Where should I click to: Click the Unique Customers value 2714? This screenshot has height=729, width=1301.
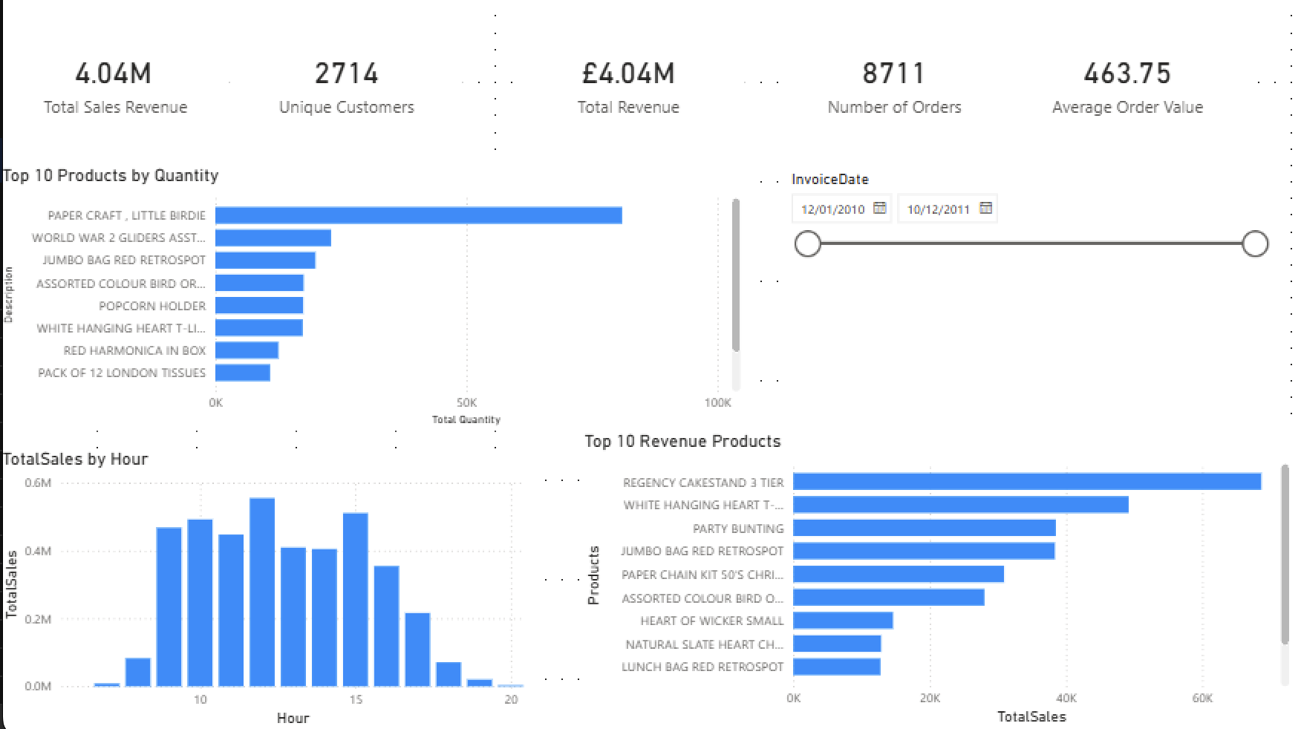[346, 73]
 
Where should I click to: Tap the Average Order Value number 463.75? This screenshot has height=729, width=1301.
[1126, 73]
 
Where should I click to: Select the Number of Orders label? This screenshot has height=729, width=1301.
[894, 108]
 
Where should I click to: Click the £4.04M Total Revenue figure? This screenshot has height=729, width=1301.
[628, 73]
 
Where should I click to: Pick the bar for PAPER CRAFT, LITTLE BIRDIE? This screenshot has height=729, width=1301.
[418, 215]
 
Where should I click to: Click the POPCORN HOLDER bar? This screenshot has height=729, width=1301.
[259, 306]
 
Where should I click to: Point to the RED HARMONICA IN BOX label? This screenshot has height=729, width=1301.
[134, 350]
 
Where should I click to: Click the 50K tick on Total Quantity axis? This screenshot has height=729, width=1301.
[466, 402]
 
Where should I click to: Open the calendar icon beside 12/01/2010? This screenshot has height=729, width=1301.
[880, 208]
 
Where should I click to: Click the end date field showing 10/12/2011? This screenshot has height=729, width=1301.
[939, 209]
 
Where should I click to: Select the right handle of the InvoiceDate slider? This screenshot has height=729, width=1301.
[1255, 243]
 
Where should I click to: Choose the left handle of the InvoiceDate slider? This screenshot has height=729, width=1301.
[808, 243]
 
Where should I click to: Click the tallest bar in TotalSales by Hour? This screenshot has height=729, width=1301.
[262, 592]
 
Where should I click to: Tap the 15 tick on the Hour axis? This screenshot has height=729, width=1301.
[356, 699]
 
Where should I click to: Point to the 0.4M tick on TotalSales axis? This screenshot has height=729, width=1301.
[38, 551]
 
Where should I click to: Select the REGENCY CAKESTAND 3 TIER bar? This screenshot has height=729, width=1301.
[1026, 482]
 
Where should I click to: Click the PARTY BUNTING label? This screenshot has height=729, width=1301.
[737, 529]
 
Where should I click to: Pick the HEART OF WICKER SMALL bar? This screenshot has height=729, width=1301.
[843, 621]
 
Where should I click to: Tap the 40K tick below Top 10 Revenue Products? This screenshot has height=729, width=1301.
[1066, 698]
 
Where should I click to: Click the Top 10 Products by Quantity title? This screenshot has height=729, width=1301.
[111, 176]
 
